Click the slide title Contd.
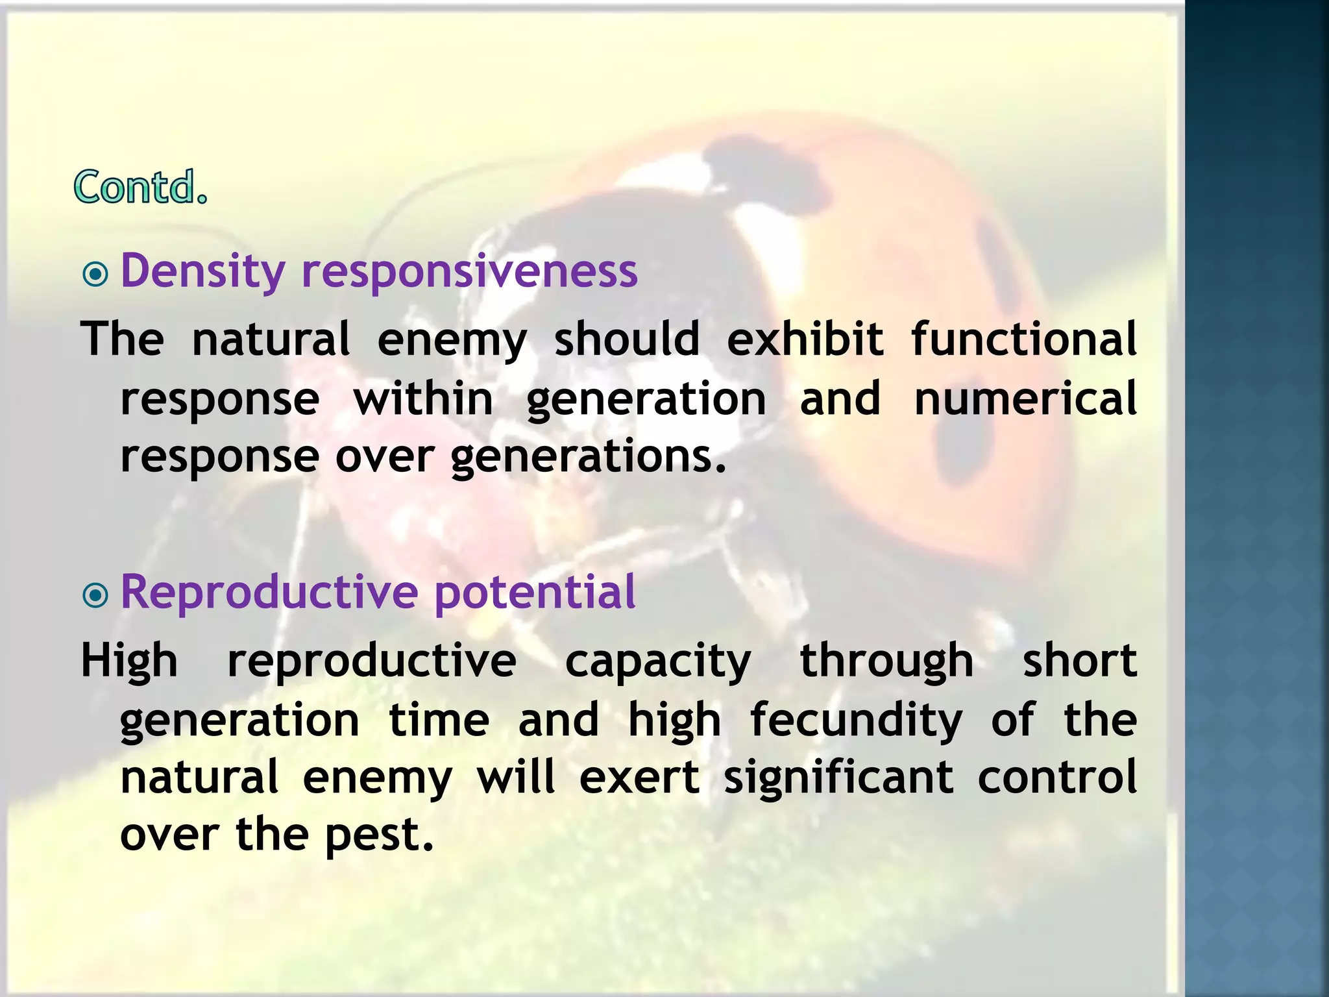(141, 187)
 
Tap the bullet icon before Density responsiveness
(96, 274)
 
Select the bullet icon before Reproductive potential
(96, 595)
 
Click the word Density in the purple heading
(203, 271)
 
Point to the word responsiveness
(470, 271)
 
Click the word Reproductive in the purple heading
(269, 592)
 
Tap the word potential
(535, 592)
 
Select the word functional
(1023, 339)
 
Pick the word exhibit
(805, 339)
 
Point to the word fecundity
(856, 720)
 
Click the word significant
(838, 778)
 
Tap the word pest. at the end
(379, 835)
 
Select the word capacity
(658, 661)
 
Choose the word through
(886, 661)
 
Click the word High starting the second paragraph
(129, 661)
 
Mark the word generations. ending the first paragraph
(588, 456)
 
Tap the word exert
(639, 778)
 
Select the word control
(1057, 778)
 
